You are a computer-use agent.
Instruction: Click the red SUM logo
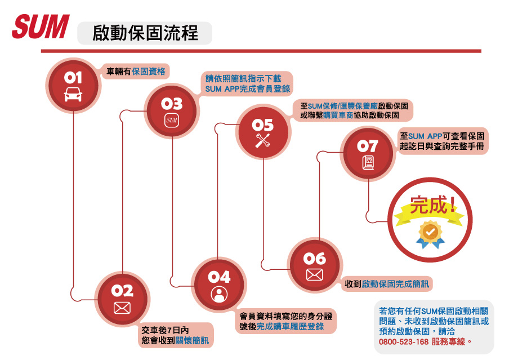tap(41, 26)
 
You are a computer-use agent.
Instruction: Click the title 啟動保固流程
tap(145, 33)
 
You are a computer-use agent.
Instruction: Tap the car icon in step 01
tap(73, 94)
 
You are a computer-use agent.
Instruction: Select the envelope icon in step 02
tap(122, 308)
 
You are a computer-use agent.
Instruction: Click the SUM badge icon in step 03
tap(172, 121)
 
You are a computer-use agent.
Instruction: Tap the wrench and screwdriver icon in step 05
tap(263, 141)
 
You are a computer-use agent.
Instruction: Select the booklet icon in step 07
tap(368, 162)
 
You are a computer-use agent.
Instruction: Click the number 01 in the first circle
tap(73, 77)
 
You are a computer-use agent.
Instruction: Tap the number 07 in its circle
tap(368, 146)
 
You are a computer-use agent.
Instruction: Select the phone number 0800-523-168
tap(404, 342)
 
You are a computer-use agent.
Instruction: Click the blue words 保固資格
tap(149, 72)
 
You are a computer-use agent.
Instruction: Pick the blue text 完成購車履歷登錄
tap(290, 327)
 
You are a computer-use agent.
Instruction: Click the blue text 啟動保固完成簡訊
tap(395, 285)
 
